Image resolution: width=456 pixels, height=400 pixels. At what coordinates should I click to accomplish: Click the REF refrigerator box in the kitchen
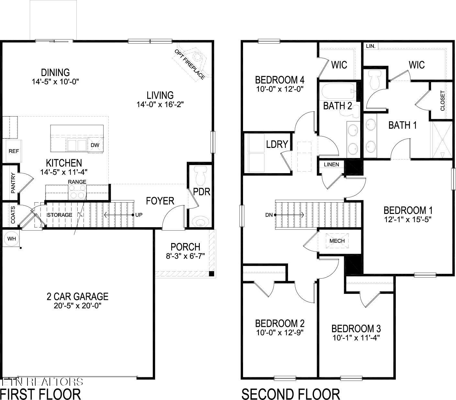pos(14,151)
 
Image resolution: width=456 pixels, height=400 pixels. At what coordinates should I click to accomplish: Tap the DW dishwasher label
pos(95,145)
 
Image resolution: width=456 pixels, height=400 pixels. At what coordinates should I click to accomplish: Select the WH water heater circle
pos(12,239)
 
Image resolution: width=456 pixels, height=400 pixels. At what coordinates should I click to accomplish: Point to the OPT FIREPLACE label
pos(190,64)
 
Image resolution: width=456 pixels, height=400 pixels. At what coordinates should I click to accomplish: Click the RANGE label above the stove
pos(77,182)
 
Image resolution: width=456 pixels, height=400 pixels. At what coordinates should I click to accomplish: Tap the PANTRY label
pos(13,183)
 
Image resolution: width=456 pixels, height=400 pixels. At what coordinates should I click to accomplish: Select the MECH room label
pos(337,241)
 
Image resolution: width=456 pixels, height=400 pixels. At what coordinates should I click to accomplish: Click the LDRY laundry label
pos(277,144)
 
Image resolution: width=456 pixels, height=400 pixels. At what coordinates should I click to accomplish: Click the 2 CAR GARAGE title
pos(77,296)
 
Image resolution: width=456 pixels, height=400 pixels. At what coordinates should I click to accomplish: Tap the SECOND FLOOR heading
pos(291,394)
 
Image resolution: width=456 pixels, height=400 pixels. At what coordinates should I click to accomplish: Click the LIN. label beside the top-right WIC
pos(371,46)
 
